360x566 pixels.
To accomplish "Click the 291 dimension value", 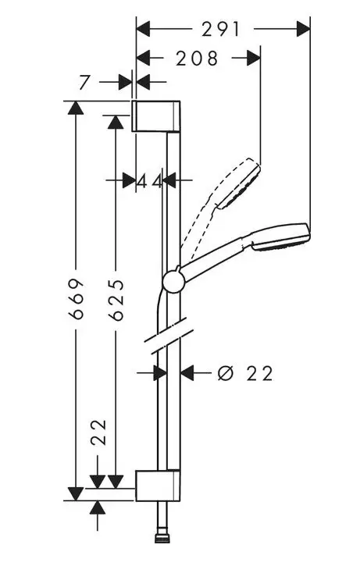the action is pyautogui.click(x=220, y=29).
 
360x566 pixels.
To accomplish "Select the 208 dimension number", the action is pyautogui.click(x=197, y=59).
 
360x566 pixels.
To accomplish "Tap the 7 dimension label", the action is pyautogui.click(x=84, y=83).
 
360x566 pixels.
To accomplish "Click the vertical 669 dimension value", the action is pyautogui.click(x=77, y=299).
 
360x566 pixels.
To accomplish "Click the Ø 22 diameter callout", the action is pyautogui.click(x=244, y=373).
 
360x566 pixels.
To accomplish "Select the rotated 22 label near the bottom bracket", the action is pyautogui.click(x=98, y=433).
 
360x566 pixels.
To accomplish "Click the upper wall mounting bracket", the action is pyautogui.click(x=155, y=116).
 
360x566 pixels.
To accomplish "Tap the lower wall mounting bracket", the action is pyautogui.click(x=158, y=486).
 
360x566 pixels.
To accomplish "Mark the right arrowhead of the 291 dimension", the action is pyautogui.click(x=303, y=29).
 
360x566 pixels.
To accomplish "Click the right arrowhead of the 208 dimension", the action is pyautogui.click(x=254, y=58).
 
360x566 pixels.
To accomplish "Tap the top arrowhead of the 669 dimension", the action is pyautogui.click(x=76, y=108).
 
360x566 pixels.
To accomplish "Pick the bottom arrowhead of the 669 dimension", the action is pyautogui.click(x=76, y=494).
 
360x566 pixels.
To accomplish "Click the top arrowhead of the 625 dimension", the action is pyautogui.click(x=116, y=122).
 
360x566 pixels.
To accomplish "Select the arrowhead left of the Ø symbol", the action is pyautogui.click(x=187, y=373).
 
